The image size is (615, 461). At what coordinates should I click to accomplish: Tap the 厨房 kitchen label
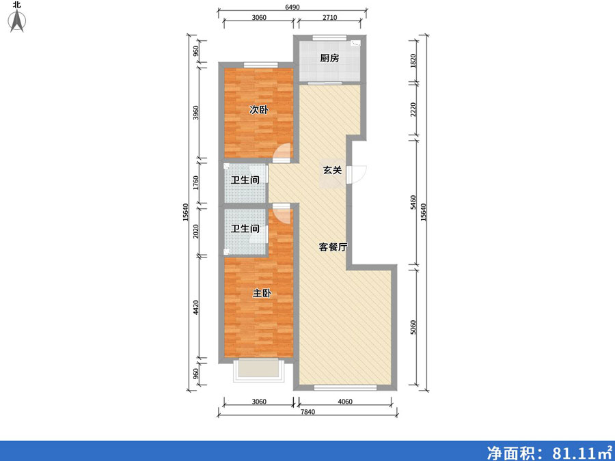(x=329, y=59)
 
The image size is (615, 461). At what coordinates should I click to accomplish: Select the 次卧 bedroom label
(x=258, y=109)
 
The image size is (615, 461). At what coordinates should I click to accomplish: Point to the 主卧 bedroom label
(x=262, y=294)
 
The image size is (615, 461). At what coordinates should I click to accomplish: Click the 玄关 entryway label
(x=332, y=170)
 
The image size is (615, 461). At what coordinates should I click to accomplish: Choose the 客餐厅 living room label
(x=333, y=247)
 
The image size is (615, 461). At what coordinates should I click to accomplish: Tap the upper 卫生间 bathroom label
(x=245, y=181)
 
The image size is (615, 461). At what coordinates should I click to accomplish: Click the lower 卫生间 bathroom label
(x=245, y=229)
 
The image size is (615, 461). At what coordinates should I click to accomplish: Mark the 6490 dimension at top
(x=292, y=7)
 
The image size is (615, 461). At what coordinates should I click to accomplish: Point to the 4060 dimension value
(x=344, y=402)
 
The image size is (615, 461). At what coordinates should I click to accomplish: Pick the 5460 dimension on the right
(x=412, y=202)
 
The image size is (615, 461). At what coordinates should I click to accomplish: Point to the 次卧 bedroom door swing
(x=281, y=154)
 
